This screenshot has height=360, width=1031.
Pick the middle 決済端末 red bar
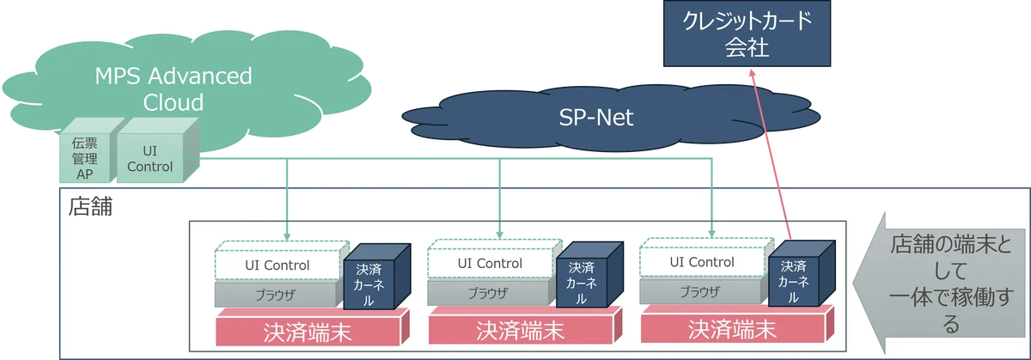click(520, 329)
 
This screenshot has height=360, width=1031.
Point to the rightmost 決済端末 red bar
click(733, 328)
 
